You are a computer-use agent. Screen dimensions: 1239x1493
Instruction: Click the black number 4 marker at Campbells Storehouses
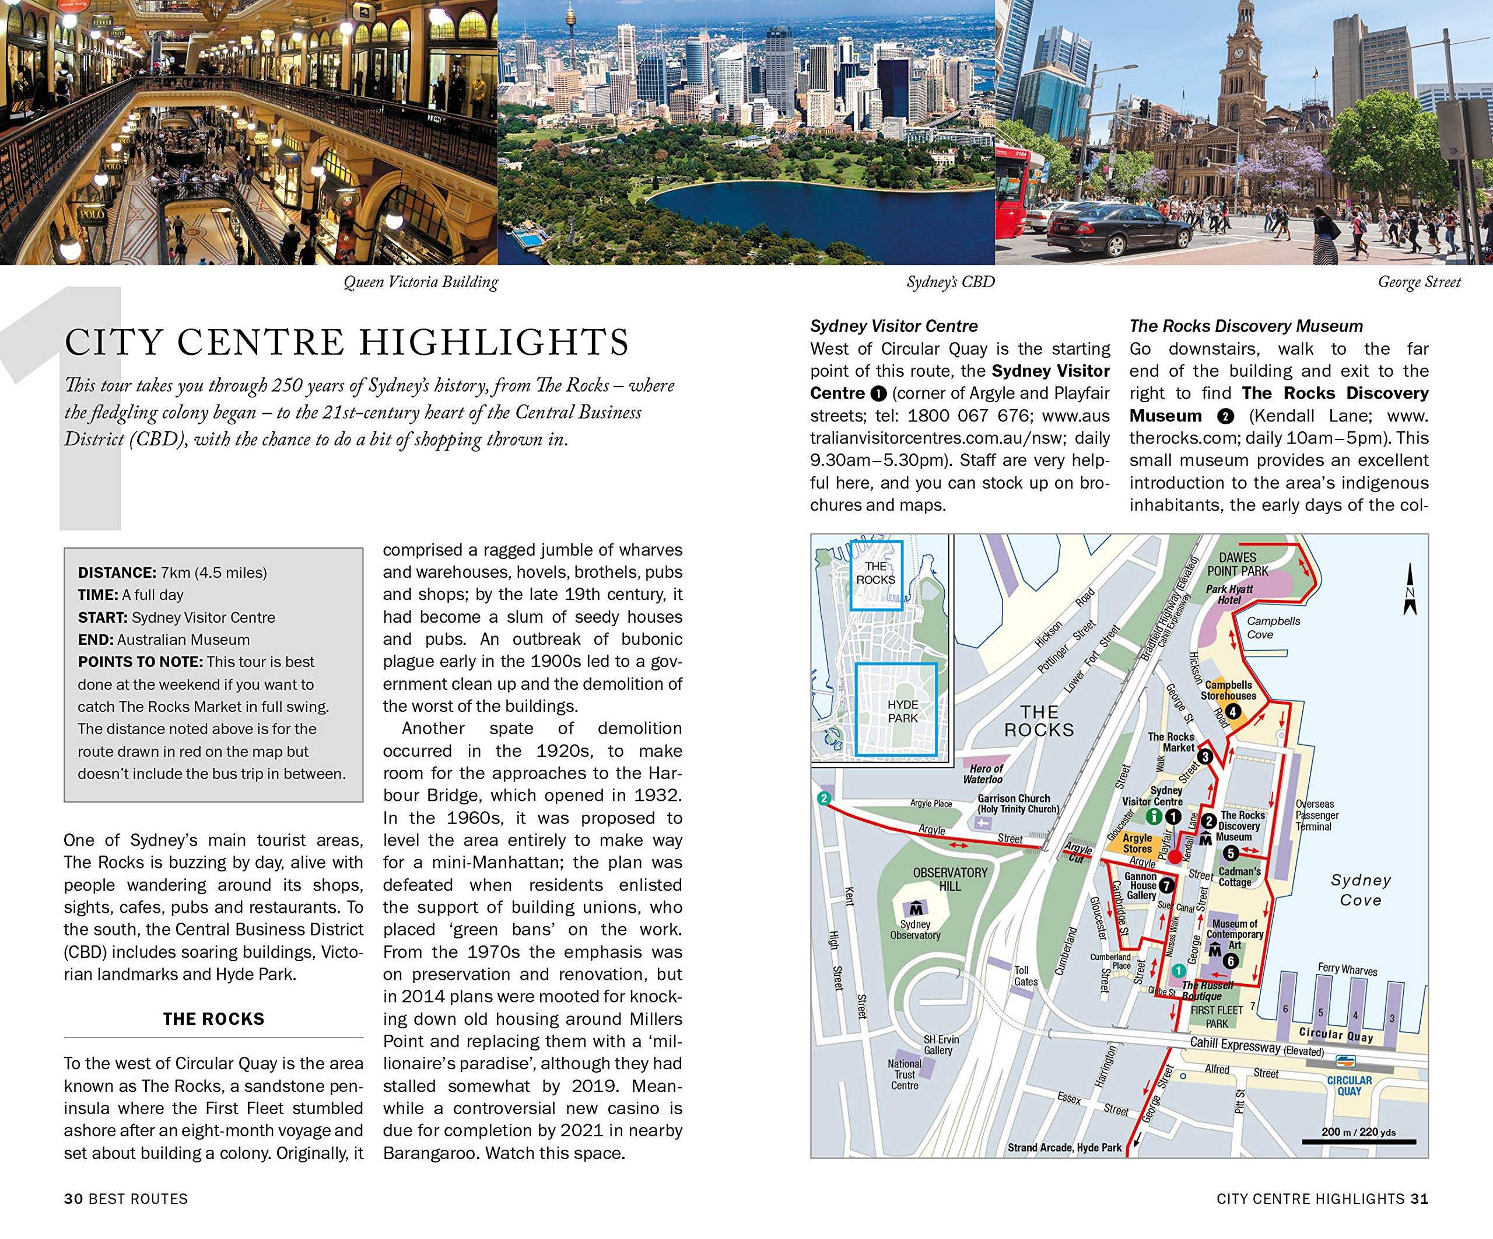[x=1233, y=710]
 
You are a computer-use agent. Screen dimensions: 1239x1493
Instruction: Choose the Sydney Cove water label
[x=1361, y=890]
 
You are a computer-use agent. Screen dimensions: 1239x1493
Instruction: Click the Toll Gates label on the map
[x=1026, y=975]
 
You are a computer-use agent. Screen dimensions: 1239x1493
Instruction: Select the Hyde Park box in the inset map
[x=896, y=709]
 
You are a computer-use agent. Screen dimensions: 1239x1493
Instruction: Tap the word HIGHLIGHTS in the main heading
[x=493, y=342]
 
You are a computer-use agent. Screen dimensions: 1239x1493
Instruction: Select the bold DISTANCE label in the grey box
[x=117, y=573]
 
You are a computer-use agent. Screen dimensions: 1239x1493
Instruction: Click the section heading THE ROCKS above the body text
[x=213, y=1018]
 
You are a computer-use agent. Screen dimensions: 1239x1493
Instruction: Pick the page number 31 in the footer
[x=1420, y=1199]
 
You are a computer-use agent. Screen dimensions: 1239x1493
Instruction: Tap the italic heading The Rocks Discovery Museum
[x=1246, y=326]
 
